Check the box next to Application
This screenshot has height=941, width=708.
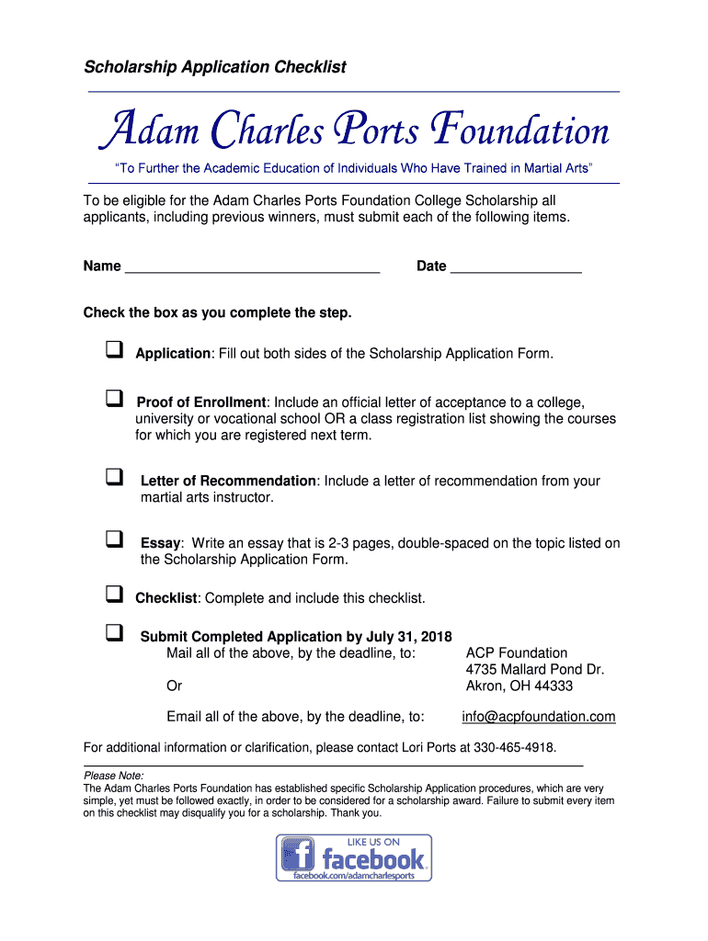tap(114, 350)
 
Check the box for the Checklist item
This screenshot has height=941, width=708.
tap(114, 595)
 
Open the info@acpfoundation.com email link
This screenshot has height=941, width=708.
tap(539, 717)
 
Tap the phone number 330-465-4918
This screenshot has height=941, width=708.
tap(514, 746)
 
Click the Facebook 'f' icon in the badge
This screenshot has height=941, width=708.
tap(297, 856)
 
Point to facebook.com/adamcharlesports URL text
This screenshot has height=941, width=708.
tap(354, 876)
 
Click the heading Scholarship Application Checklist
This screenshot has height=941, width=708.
tap(215, 67)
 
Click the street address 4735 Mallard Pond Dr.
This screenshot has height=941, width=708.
tap(535, 670)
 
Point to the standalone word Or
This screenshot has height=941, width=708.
tap(174, 686)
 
